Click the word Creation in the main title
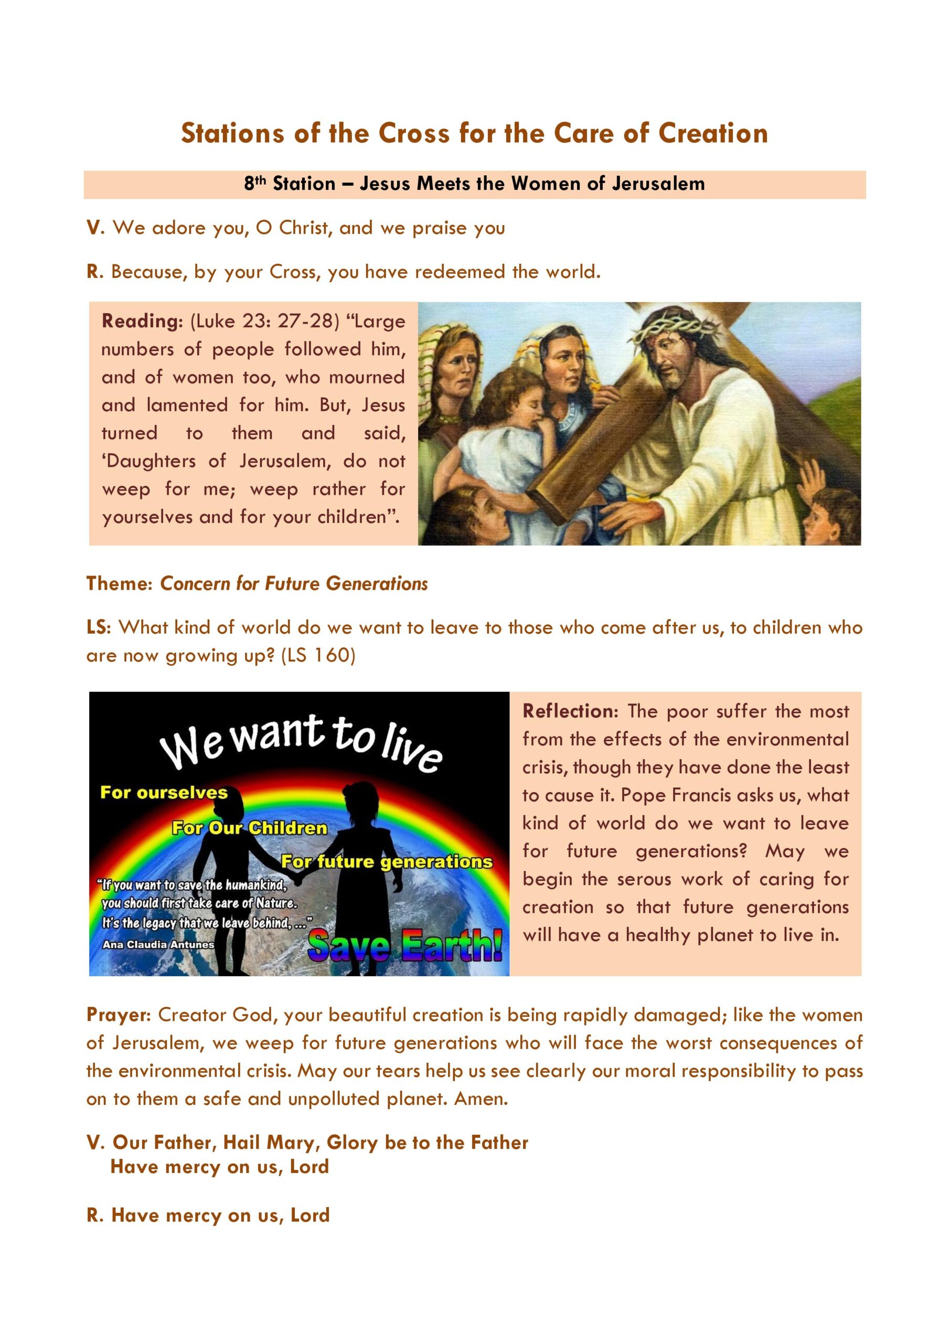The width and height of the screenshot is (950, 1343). click(x=712, y=133)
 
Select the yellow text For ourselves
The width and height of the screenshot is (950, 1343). click(x=164, y=793)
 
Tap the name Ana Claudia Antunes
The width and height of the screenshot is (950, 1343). click(x=158, y=944)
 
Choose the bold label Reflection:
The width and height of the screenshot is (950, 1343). click(x=570, y=711)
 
